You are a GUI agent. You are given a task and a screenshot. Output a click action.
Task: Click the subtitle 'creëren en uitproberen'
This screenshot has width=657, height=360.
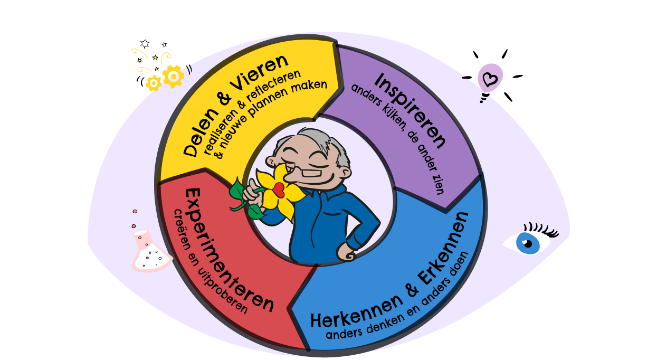pos(209,262)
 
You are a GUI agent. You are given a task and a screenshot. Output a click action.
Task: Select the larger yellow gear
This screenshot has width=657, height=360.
pos(173,77)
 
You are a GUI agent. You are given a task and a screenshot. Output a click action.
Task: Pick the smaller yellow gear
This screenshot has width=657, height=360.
pos(154,83)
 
